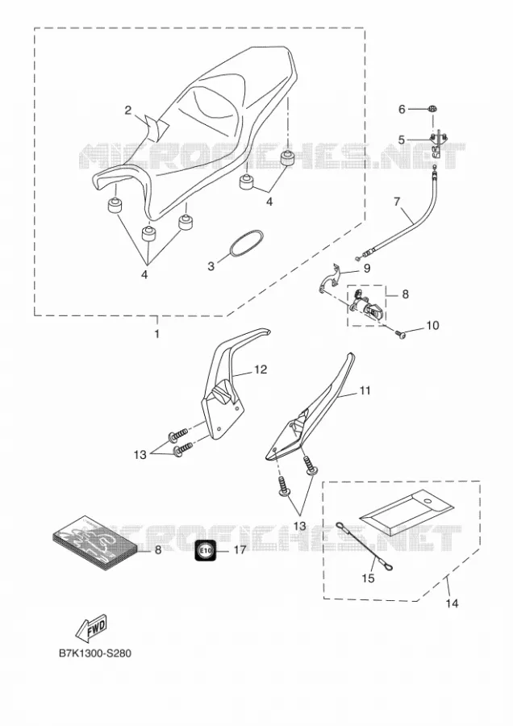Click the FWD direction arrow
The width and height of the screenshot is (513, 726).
91,629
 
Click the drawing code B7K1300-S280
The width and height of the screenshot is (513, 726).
95,653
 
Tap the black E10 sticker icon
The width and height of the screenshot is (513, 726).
206,550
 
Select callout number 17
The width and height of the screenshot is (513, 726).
240,550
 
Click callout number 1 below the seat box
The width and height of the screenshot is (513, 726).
156,333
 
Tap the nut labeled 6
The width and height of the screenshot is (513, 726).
433,110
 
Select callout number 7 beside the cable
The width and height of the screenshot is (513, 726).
397,202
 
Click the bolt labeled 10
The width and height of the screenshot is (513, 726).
401,332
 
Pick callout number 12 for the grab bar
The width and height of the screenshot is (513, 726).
261,369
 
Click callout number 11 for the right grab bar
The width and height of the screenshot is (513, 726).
365,390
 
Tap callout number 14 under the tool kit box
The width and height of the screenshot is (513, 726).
452,603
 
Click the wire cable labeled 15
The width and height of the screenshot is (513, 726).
364,546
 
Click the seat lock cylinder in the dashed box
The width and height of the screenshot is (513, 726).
368,306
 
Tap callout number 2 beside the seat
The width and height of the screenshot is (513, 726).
127,111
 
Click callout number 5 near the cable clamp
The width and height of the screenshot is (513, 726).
402,140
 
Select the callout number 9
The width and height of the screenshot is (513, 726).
367,268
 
